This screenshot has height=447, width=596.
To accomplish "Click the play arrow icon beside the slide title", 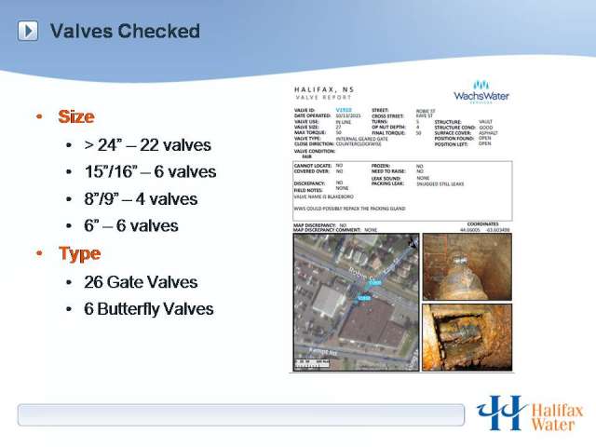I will coord(28,31).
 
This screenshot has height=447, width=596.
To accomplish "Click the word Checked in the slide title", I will coord(158,31).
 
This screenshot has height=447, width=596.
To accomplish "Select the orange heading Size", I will coord(76,116).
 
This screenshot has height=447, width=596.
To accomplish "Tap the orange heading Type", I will coord(79,253).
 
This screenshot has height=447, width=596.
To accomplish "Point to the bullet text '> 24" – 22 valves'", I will coord(147,145).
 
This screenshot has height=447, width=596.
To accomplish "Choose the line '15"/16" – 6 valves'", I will coord(150,172).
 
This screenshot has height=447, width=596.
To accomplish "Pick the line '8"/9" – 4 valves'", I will coord(141,199).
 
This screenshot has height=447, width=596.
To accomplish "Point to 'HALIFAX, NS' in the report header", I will coord(320,89).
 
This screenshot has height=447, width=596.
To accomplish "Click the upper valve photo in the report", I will coord(467,266).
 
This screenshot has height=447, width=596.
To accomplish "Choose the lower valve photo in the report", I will coord(467,336).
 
